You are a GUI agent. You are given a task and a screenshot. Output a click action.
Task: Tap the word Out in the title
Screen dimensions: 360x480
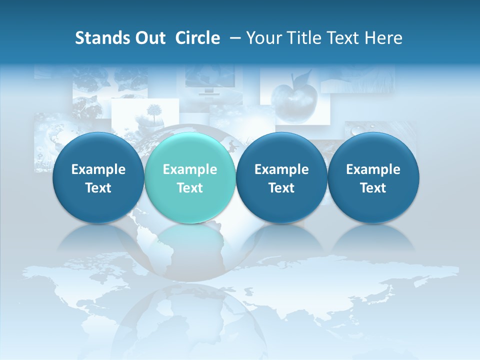pos(149,38)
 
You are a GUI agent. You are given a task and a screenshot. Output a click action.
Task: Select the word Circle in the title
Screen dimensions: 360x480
pos(197,38)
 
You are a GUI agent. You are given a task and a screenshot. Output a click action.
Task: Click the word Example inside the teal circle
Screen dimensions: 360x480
pos(190,169)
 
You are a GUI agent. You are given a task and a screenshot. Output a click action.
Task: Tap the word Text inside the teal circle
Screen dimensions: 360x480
pos(190,188)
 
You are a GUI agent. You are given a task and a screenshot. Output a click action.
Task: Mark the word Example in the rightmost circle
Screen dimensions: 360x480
pos(373,169)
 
